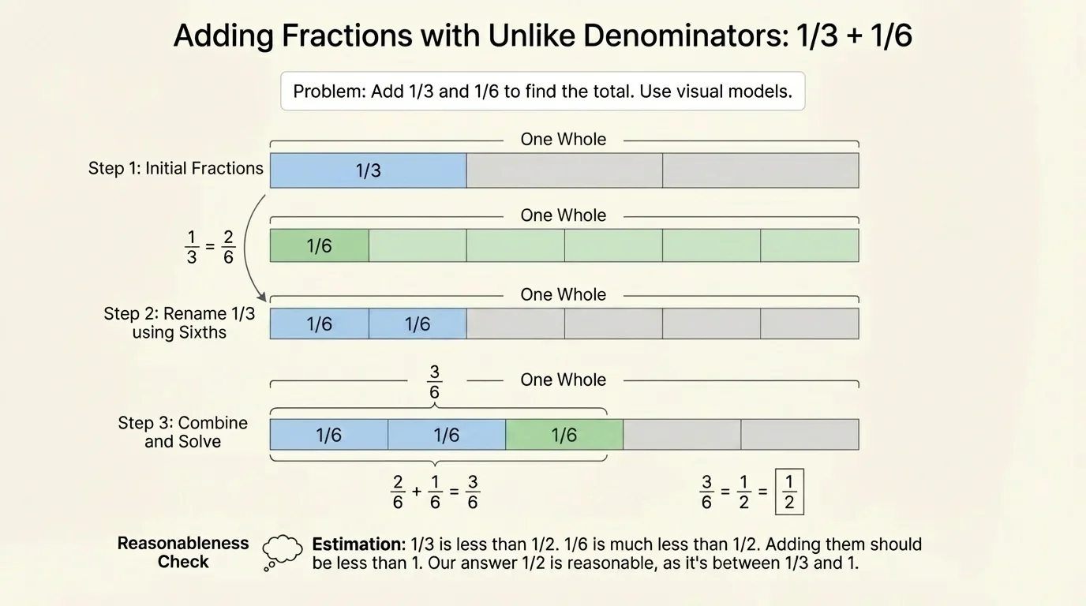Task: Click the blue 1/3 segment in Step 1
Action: click(368, 170)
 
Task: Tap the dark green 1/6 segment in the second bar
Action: click(319, 245)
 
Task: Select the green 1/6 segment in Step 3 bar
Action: click(564, 435)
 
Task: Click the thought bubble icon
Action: click(282, 550)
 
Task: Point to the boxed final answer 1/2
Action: click(789, 492)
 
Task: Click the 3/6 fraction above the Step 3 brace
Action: click(434, 382)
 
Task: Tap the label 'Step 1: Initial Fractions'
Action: click(175, 168)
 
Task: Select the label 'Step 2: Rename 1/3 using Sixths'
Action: click(179, 323)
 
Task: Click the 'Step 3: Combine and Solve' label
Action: click(182, 432)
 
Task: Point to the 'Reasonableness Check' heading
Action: click(183, 552)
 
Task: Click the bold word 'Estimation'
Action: click(358, 544)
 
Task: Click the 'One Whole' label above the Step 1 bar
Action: click(563, 140)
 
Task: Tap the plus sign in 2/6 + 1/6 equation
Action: click(417, 492)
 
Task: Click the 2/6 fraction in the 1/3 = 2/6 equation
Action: click(228, 247)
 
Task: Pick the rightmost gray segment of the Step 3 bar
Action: click(799, 435)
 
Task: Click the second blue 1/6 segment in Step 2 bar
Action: click(417, 324)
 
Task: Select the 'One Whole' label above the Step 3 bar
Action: click(563, 380)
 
